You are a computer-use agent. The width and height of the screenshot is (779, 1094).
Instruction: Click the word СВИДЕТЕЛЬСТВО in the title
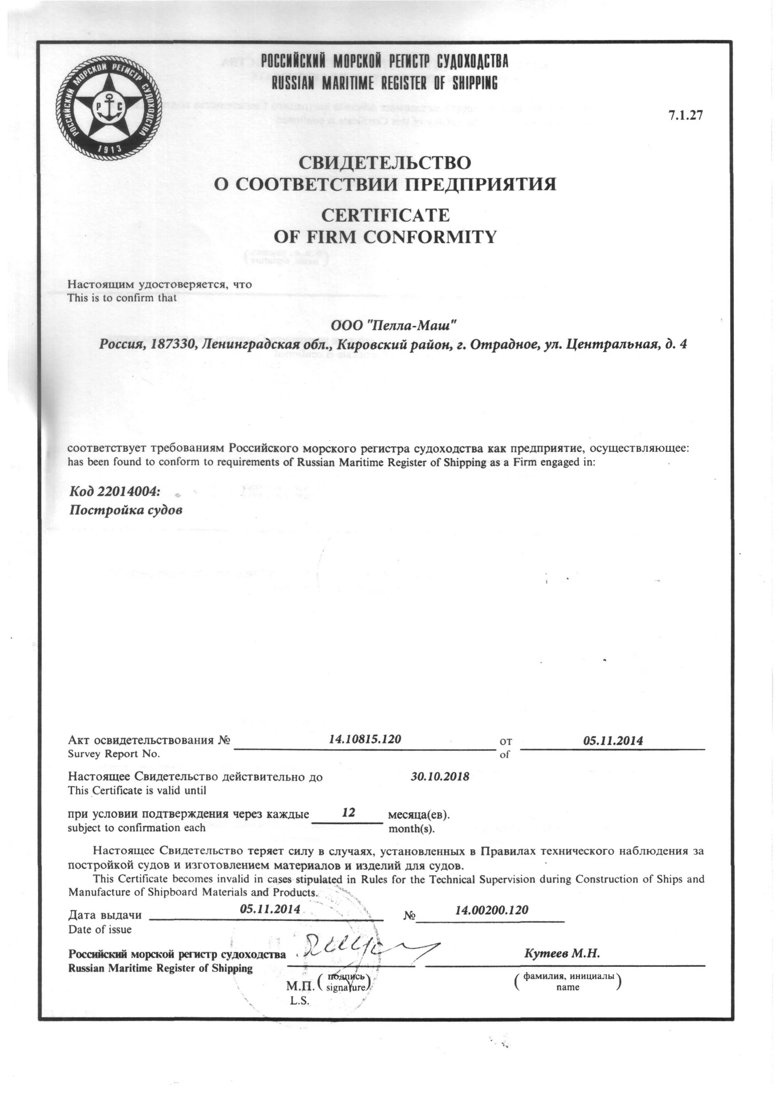pyautogui.click(x=385, y=163)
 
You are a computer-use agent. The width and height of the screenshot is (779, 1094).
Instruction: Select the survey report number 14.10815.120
pyautogui.click(x=365, y=739)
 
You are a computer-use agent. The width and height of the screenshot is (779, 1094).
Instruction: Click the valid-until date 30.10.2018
pyautogui.click(x=440, y=776)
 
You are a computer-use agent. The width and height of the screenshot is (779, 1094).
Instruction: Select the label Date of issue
pyautogui.click(x=100, y=929)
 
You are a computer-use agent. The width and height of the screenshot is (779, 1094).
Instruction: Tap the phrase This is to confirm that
pyautogui.click(x=122, y=297)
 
